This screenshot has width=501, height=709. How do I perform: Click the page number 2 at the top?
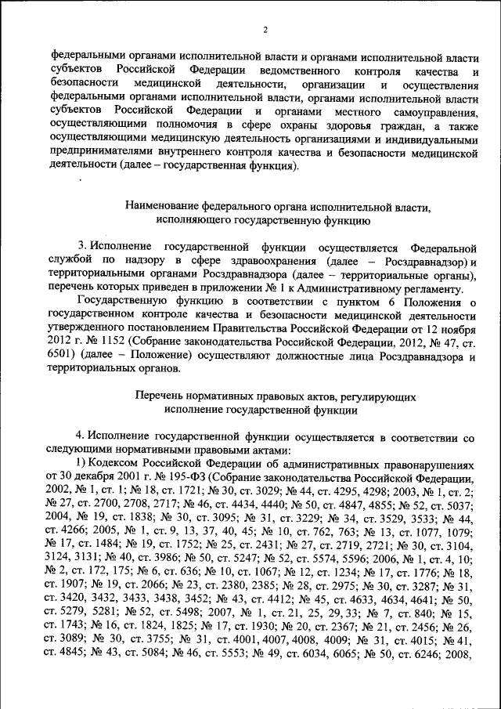click(x=265, y=30)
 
